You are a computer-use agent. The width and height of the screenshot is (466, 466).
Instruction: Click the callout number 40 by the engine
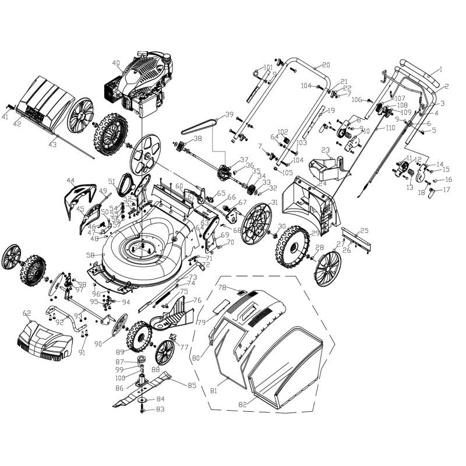(x=116, y=63)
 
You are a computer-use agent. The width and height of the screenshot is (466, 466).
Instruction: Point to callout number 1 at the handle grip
(x=440, y=69)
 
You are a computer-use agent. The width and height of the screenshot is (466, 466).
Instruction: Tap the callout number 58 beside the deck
(x=90, y=255)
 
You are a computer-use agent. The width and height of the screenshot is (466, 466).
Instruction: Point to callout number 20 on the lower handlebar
(x=326, y=64)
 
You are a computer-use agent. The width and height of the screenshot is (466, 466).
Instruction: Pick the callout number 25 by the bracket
(x=365, y=231)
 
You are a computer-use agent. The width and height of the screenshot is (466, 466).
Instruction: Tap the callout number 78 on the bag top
(x=221, y=287)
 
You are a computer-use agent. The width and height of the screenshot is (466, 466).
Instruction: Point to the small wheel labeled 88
(x=165, y=352)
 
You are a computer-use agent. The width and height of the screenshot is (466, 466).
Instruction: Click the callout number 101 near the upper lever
(x=268, y=68)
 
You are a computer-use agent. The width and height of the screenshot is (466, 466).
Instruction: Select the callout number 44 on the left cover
(x=70, y=180)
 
